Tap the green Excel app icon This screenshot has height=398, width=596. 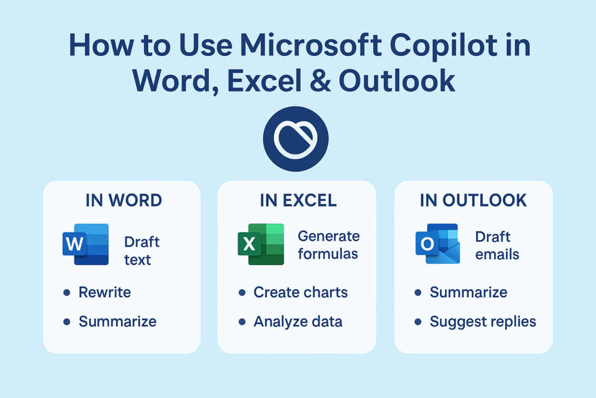tap(260, 244)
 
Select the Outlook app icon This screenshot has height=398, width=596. tap(437, 244)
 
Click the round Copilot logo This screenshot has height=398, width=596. tap(296, 139)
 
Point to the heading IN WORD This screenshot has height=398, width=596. tap(123, 200)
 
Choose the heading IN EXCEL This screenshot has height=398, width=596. tap(298, 200)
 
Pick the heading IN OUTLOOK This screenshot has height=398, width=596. tap(473, 200)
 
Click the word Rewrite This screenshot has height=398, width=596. tap(105, 292)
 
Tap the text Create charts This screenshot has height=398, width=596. tap(300, 292)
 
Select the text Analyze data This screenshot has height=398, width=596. tap(298, 321)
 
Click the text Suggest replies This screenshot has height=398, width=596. tap(483, 321)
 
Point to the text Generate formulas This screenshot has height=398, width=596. tap(329, 245)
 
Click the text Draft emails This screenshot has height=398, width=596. tap(497, 245)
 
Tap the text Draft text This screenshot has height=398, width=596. tap(141, 251)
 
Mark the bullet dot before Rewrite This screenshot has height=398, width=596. tap(66, 292)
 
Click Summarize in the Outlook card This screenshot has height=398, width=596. tap(469, 292)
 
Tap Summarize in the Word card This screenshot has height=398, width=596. tap(118, 321)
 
